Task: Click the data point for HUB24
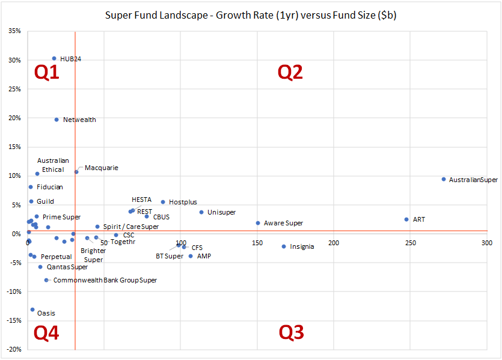click(54, 59)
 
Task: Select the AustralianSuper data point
click(444, 179)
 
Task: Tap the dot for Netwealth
click(57, 120)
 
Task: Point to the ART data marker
click(406, 219)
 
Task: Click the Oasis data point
click(32, 310)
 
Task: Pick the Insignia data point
click(284, 246)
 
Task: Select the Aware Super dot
click(258, 223)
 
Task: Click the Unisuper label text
click(221, 212)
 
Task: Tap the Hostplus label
click(183, 203)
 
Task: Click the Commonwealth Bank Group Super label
click(105, 280)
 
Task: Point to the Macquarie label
click(101, 168)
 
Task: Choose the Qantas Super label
click(67, 267)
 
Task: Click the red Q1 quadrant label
click(46, 72)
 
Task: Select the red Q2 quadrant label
click(290, 72)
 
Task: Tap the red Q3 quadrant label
click(291, 332)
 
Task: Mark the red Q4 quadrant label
click(46, 332)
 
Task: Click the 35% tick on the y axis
click(14, 31)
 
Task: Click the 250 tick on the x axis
click(410, 243)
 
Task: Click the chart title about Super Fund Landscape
click(251, 16)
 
